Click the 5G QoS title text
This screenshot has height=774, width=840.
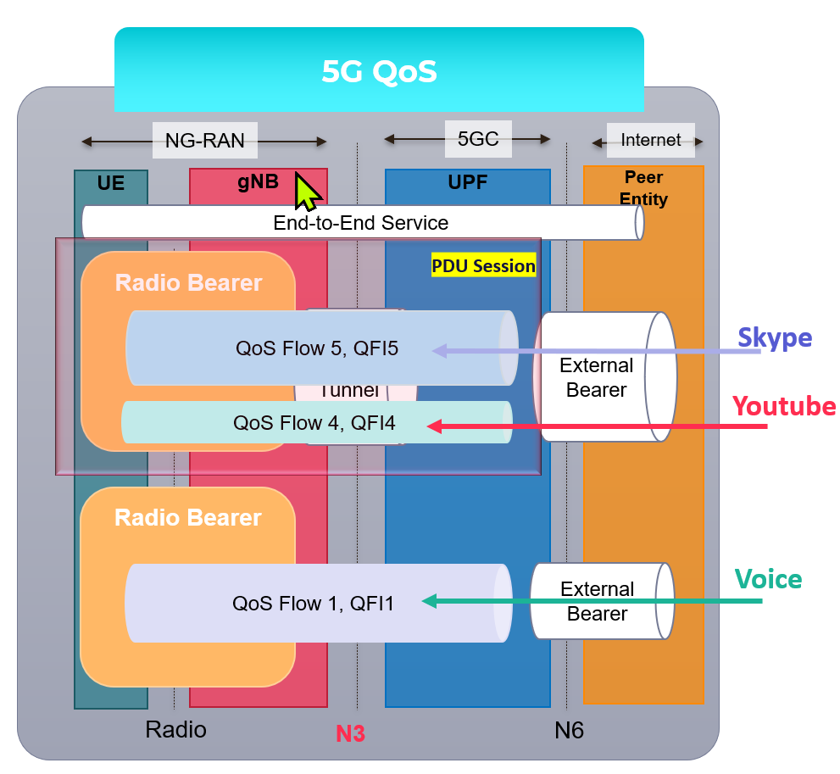(379, 71)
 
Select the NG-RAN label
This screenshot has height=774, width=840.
(204, 140)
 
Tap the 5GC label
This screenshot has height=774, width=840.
(478, 138)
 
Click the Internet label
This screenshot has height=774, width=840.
(650, 140)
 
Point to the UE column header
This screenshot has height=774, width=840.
(111, 183)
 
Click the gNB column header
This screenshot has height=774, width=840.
(258, 182)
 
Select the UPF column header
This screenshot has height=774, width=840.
(467, 182)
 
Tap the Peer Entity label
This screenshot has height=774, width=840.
(644, 188)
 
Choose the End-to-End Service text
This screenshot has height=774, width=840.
(360, 223)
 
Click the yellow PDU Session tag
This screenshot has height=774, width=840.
(483, 265)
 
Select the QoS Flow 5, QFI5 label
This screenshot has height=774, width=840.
(316, 348)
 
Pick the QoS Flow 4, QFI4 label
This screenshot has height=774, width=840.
(314, 421)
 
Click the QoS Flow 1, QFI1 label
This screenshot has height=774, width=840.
(313, 603)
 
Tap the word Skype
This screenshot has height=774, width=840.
(774, 337)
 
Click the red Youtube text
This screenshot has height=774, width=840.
(784, 405)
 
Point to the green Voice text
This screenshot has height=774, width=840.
(768, 579)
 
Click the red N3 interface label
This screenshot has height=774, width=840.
(350, 733)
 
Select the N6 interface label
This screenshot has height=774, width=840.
(569, 730)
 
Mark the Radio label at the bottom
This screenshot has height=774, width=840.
(175, 729)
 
